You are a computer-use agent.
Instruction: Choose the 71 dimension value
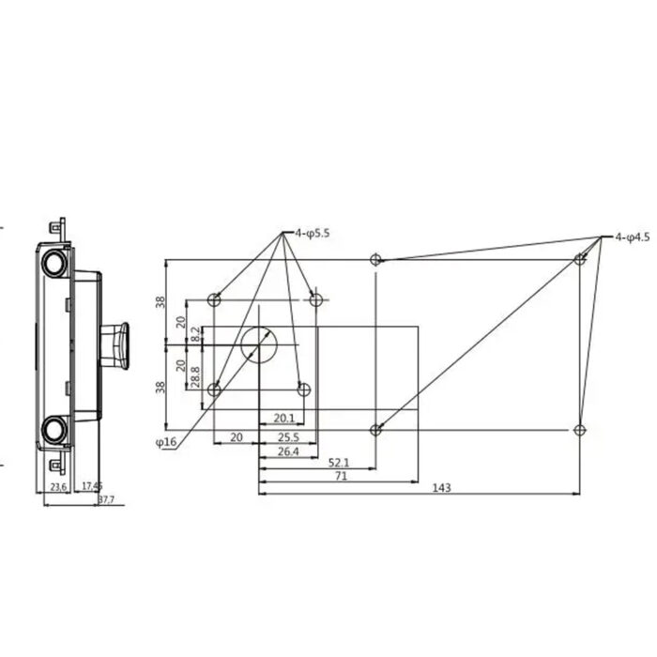[x=341, y=476]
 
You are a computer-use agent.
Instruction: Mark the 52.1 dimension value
[x=339, y=463]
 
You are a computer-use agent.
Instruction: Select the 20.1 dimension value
[x=284, y=418]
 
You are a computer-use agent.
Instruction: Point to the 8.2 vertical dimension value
[x=195, y=333]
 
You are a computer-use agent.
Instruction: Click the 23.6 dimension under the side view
[x=58, y=486]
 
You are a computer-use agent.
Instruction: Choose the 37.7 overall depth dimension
[x=106, y=499]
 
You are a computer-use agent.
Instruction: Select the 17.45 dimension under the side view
[x=92, y=486]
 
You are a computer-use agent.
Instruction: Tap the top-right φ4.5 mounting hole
[x=581, y=259]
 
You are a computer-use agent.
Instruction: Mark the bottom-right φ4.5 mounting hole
[x=580, y=430]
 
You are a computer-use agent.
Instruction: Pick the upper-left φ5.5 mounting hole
[x=214, y=300]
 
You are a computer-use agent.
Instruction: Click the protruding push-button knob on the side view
[x=116, y=344]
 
